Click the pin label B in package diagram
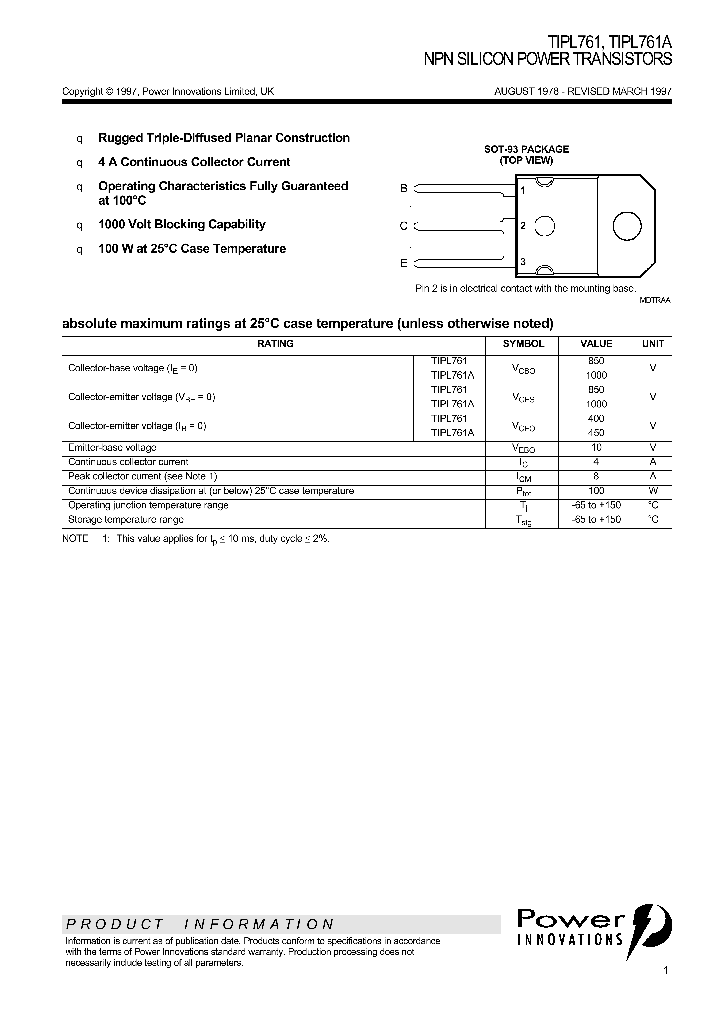pyautogui.click(x=404, y=188)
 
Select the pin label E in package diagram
pyautogui.click(x=404, y=263)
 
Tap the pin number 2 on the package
pyautogui.click(x=523, y=226)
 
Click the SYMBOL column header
pyautogui.click(x=522, y=343)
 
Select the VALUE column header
pyautogui.click(x=596, y=343)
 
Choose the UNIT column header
pyautogui.click(x=652, y=343)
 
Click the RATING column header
pyautogui.click(x=276, y=343)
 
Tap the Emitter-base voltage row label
pyautogui.click(x=112, y=447)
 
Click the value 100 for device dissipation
pyautogui.click(x=596, y=491)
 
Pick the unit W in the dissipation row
pyautogui.click(x=652, y=491)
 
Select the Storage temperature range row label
pyautogui.click(x=125, y=520)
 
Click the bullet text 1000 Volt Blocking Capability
pyautogui.click(x=181, y=225)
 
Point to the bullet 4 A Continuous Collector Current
pyautogui.click(x=194, y=162)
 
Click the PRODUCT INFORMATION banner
pyautogui.click(x=200, y=924)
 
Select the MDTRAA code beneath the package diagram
pyautogui.click(x=655, y=299)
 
